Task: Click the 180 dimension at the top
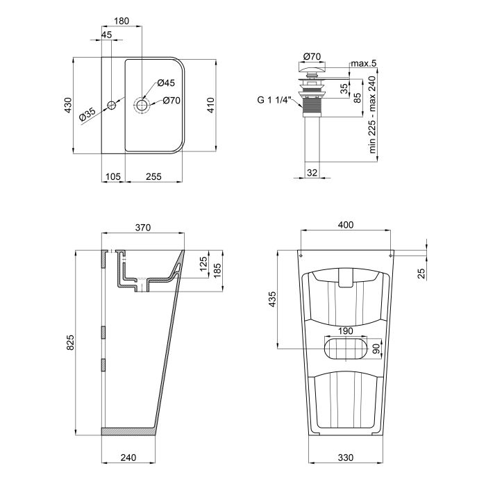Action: [x=121, y=22]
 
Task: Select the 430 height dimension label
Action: [x=68, y=105]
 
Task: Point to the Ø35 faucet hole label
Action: [x=87, y=115]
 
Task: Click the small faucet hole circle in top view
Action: [x=110, y=106]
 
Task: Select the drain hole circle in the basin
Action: [x=142, y=106]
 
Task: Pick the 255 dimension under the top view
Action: [x=153, y=177]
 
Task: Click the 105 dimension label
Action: [x=112, y=177]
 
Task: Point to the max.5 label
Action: [x=363, y=64]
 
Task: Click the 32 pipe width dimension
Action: [x=312, y=173]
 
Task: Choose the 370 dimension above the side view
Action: [x=143, y=227]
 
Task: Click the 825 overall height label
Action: [x=68, y=342]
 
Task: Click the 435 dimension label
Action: [x=272, y=299]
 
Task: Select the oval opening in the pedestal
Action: [x=346, y=349]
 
